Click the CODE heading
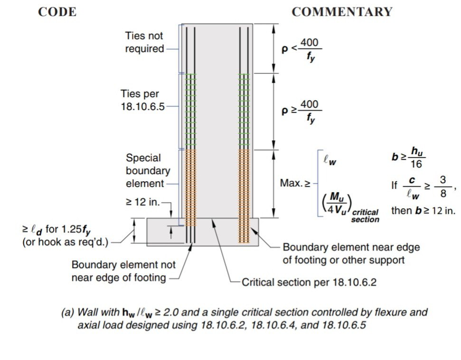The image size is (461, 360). pyautogui.click(x=57, y=12)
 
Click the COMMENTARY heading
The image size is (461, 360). pyautogui.click(x=342, y=12)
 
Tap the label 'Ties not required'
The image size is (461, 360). pyautogui.click(x=144, y=42)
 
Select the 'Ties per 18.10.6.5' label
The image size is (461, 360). pyautogui.click(x=142, y=100)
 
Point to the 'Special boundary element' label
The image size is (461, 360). pyautogui.click(x=148, y=171)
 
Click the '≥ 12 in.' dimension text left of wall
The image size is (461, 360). pyautogui.click(x=143, y=202)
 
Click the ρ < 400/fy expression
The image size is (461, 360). pyautogui.click(x=301, y=49)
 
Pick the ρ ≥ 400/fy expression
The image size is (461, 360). pyautogui.click(x=301, y=111)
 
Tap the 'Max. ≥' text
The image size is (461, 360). pyautogui.click(x=295, y=183)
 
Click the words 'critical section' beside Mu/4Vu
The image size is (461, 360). pyautogui.click(x=365, y=216)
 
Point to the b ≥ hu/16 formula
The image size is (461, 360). pyautogui.click(x=409, y=157)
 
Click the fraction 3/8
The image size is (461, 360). pyautogui.click(x=443, y=187)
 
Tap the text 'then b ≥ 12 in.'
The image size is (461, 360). pyautogui.click(x=423, y=211)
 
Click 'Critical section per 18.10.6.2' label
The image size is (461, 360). pyautogui.click(x=309, y=282)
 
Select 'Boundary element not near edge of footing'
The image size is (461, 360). pyautogui.click(x=123, y=271)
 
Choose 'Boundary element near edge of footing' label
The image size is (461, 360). pyautogui.click(x=351, y=253)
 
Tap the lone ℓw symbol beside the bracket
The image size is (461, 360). pyautogui.click(x=330, y=160)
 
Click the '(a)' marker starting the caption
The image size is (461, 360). pyautogui.click(x=68, y=312)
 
